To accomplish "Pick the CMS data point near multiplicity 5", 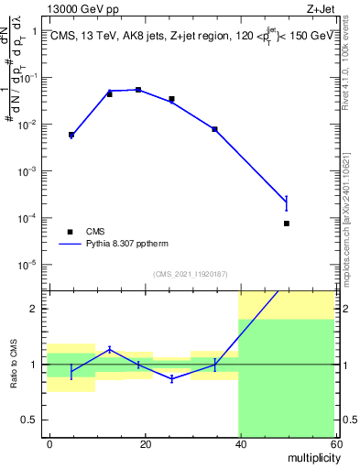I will (71, 135).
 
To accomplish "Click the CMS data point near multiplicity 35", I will (214, 129).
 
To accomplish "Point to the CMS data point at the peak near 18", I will (138, 90).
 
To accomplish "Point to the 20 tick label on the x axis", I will (144, 442).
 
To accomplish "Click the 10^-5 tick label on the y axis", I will (29, 265).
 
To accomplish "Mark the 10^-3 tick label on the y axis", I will (29, 171).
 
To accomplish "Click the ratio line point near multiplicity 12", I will (109, 348).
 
